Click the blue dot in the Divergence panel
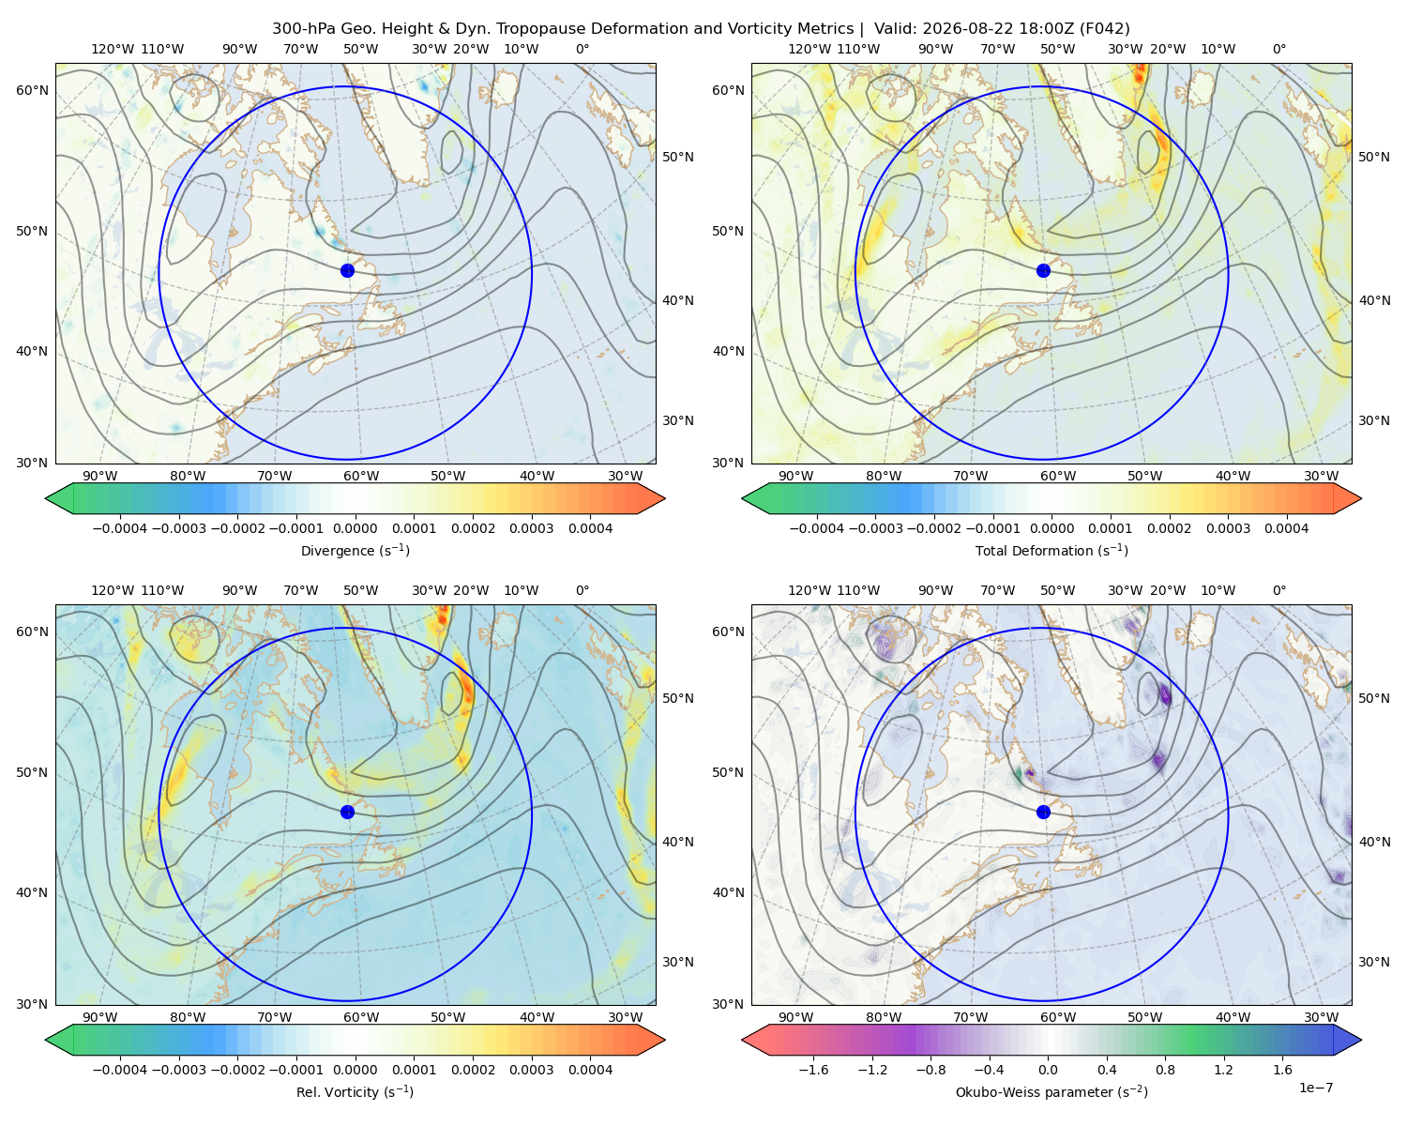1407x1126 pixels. [x=347, y=270]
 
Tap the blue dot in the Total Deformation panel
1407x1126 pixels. [x=1043, y=270]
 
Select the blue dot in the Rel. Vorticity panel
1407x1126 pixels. [x=347, y=812]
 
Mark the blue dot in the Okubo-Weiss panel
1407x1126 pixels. [x=1043, y=812]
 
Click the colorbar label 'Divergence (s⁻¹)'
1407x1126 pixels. [x=355, y=550]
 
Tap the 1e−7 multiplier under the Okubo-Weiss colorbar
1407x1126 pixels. [x=1315, y=1088]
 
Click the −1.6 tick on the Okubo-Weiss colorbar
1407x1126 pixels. [x=813, y=1069]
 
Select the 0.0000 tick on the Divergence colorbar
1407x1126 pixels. [x=355, y=528]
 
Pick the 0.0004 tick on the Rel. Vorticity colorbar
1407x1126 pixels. [x=590, y=1069]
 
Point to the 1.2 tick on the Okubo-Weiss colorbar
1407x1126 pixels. [x=1223, y=1069]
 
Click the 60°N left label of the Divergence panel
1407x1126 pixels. [x=32, y=90]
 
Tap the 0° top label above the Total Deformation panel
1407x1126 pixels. [x=1278, y=49]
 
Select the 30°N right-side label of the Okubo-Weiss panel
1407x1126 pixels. [x=1373, y=962]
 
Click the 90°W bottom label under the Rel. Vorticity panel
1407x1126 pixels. [x=100, y=1017]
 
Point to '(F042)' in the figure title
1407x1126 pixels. [x=1104, y=29]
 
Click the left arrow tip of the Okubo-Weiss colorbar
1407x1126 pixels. [x=742, y=1040]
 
